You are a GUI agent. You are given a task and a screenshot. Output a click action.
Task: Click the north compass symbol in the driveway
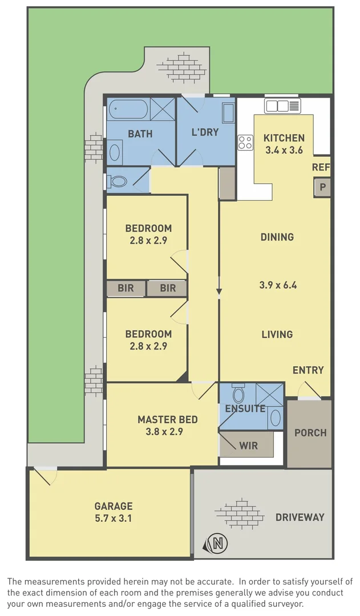217,543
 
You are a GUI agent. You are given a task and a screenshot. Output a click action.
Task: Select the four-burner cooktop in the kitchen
245,143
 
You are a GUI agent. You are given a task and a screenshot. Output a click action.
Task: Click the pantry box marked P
322,188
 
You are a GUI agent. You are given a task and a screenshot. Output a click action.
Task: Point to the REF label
321,168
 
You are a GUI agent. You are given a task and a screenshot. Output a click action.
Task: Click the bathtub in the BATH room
128,108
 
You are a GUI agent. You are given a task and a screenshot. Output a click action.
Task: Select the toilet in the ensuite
238,394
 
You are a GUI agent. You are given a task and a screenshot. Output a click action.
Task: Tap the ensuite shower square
269,395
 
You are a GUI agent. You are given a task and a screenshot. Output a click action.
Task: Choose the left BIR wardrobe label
126,288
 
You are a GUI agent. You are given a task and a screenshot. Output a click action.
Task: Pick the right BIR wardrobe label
168,288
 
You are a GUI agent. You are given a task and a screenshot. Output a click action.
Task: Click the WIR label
248,445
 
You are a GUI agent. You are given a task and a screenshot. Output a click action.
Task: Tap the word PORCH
310,433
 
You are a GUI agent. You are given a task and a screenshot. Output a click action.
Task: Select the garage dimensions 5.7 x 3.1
114,519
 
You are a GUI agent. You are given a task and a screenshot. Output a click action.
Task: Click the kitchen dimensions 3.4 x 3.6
284,151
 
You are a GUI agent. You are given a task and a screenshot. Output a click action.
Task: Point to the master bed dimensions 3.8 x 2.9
168,432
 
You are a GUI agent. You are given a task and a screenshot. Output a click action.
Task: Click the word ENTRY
308,370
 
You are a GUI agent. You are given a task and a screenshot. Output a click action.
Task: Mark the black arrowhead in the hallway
219,293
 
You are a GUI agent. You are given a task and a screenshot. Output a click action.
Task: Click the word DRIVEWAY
300,517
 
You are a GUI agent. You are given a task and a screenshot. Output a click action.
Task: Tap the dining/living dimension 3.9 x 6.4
278,285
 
